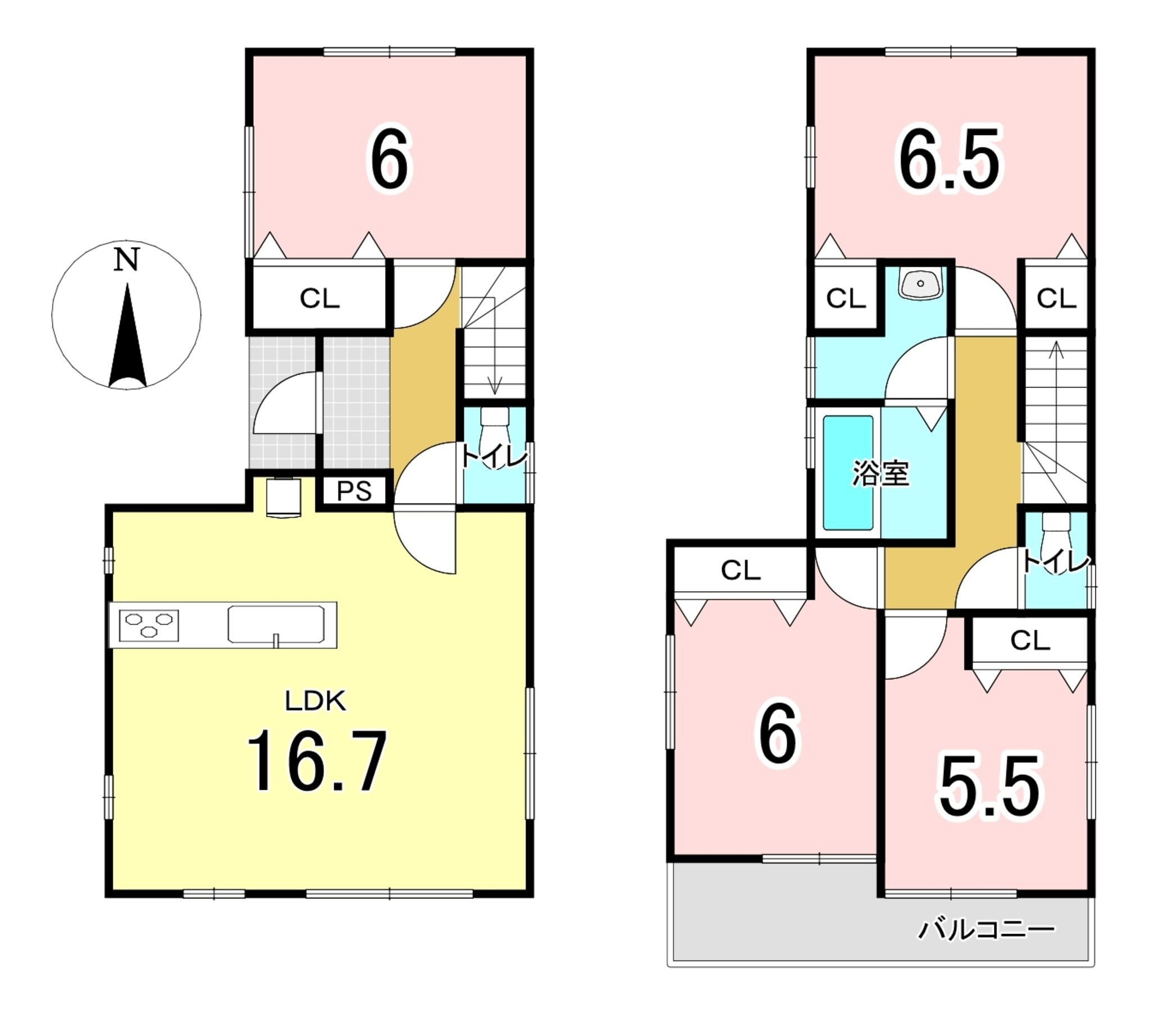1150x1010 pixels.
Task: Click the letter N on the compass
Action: point(126,259)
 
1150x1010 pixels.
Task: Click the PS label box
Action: point(354,491)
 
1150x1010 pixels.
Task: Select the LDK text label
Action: point(315,701)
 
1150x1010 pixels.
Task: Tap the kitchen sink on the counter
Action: point(276,624)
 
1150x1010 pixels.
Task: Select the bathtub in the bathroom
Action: point(848,473)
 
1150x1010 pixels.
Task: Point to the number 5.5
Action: point(988,787)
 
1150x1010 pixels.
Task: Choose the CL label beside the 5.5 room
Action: point(1030,640)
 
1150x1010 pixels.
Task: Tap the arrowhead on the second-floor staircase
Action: point(1056,349)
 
